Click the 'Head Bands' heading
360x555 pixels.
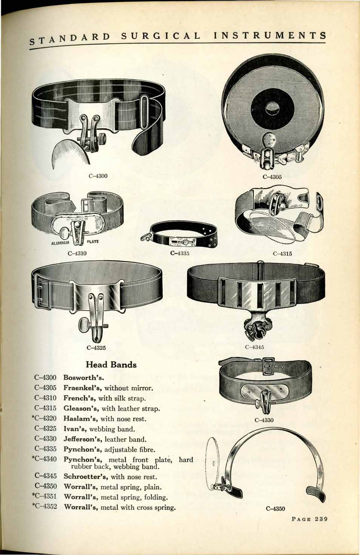pyautogui.click(x=111, y=365)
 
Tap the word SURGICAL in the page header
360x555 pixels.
pyautogui.click(x=161, y=36)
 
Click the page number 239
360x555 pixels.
pyautogui.click(x=322, y=519)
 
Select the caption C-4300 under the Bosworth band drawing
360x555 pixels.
pyautogui.click(x=98, y=176)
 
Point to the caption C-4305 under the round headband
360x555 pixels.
pyautogui.click(x=272, y=177)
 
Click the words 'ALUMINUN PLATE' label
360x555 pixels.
pyautogui.click(x=75, y=242)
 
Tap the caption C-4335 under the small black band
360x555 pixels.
pyautogui.click(x=180, y=253)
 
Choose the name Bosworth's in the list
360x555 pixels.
pyautogui.click(x=83, y=378)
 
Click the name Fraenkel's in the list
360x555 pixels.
pyautogui.click(x=83, y=388)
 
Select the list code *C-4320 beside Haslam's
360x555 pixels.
pyautogui.click(x=44, y=418)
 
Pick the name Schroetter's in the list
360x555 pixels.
pyautogui.click(x=86, y=477)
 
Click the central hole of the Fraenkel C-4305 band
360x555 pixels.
pyautogui.click(x=272, y=108)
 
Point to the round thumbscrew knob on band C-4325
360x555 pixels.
pyautogui.click(x=83, y=324)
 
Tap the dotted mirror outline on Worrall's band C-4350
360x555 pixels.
pyautogui.click(x=212, y=464)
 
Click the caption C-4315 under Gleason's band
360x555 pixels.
pyautogui.click(x=282, y=254)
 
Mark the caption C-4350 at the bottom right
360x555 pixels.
pyautogui.click(x=275, y=509)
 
